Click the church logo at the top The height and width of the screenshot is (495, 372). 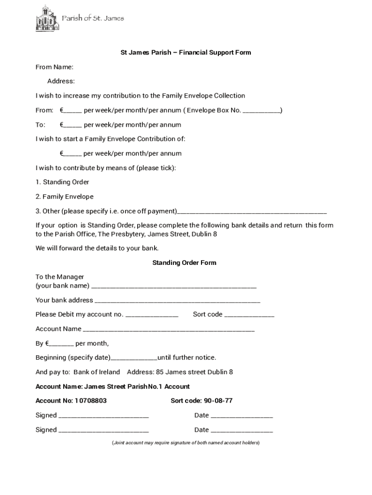coord(47,19)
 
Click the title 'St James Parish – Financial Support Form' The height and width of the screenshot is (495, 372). coord(186,52)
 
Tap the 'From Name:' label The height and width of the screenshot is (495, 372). coord(55,67)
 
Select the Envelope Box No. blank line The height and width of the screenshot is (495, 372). coord(261,111)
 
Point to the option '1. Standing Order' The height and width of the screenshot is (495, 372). coord(62,182)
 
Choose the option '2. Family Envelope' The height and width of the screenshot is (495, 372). coord(65,197)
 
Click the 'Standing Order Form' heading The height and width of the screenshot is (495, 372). coord(184,263)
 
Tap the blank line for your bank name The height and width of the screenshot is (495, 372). coord(174,286)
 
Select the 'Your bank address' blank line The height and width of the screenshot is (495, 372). coord(177,301)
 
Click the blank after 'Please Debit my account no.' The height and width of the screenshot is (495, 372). coord(152,315)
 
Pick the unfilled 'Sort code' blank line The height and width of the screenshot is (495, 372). coord(249,315)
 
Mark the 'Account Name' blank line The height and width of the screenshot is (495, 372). coord(169,330)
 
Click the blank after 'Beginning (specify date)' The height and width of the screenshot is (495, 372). coord(134,359)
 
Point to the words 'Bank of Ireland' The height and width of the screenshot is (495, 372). coord(97,372)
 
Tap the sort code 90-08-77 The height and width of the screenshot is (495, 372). coord(218,401)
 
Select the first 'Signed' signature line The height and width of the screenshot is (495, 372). coord(103,416)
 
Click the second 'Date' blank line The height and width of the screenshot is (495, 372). coord(242,431)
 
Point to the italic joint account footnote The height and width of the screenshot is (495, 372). coord(186,443)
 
